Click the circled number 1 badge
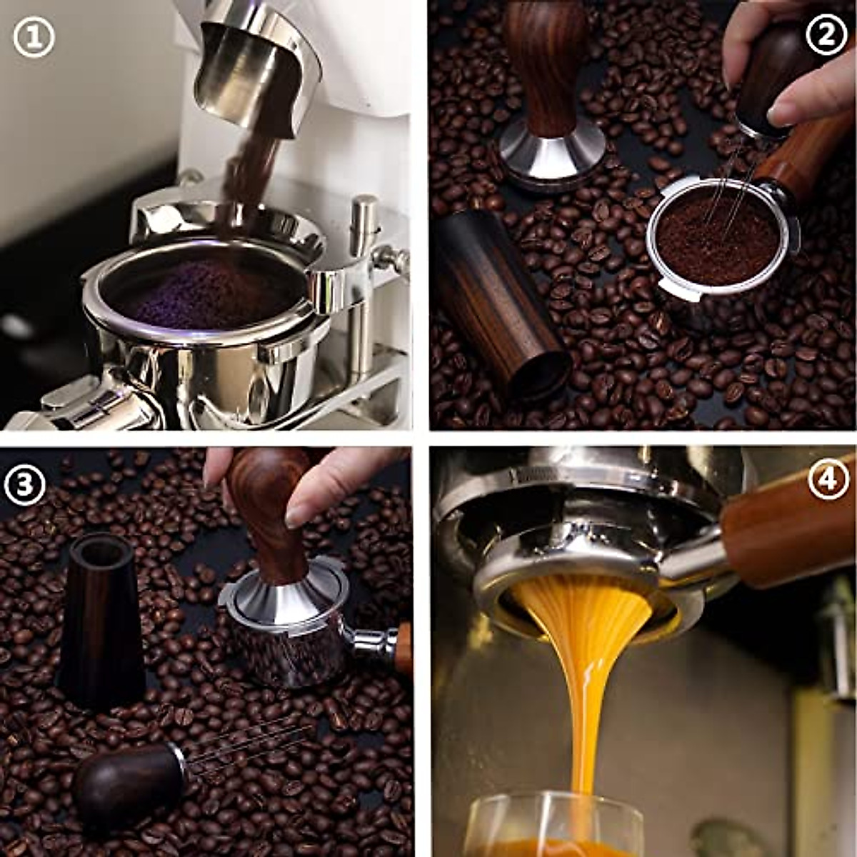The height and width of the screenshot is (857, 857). (x=34, y=37)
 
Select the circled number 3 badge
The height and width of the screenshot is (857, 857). (x=25, y=485)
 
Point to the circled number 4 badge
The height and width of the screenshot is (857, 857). (x=828, y=479)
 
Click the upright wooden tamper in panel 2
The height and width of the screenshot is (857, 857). (x=546, y=93)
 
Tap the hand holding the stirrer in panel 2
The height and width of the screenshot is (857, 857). (x=793, y=71)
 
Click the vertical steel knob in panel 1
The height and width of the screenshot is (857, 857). (x=364, y=221)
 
